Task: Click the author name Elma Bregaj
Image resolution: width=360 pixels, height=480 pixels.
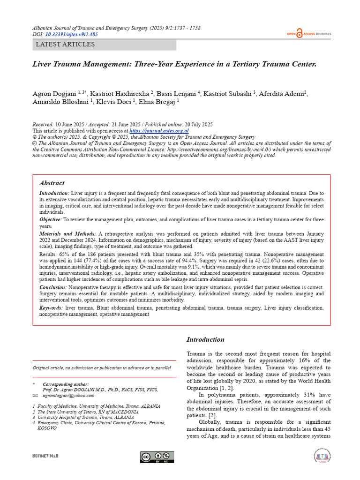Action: [x=160, y=101]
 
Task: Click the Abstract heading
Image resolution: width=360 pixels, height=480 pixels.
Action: [x=52, y=183]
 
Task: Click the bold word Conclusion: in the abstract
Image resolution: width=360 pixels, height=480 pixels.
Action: [x=52, y=287]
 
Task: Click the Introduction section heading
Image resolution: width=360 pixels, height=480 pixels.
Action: [x=205, y=339]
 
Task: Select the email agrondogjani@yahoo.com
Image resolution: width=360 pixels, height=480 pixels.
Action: [x=68, y=396]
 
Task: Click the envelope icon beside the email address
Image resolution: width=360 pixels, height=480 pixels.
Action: [x=34, y=396]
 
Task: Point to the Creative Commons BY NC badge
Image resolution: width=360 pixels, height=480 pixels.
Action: [x=157, y=457]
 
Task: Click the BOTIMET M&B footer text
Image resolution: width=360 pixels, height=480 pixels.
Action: [x=45, y=456]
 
